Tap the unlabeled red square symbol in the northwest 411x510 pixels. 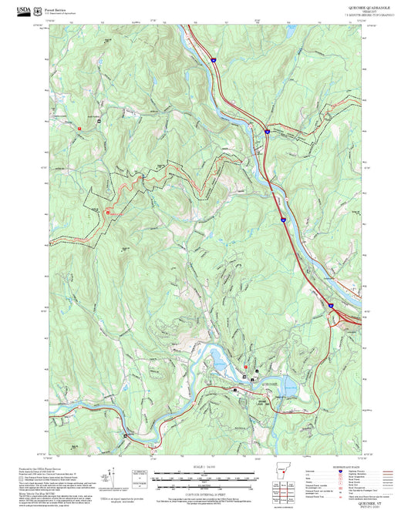[x=79, y=127]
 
